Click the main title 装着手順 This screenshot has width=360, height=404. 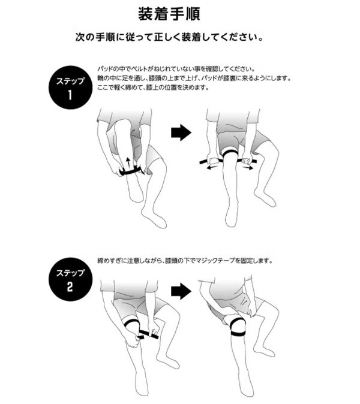(x=179, y=13)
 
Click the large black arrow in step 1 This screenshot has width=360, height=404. (x=180, y=132)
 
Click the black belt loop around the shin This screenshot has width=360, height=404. (x=130, y=172)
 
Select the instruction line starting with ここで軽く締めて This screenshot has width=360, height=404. (x=152, y=88)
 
